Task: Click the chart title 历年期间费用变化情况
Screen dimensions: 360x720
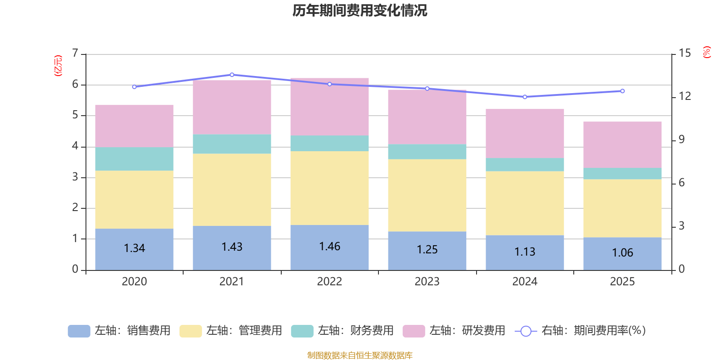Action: click(360, 10)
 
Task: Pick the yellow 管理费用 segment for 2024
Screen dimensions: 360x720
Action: click(525, 203)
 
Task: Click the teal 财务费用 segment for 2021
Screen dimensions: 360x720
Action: click(232, 144)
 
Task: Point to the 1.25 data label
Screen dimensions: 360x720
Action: click(427, 250)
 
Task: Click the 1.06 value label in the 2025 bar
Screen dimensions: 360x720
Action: click(622, 253)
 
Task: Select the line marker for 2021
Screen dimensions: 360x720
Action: click(232, 75)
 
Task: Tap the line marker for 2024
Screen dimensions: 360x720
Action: click(525, 97)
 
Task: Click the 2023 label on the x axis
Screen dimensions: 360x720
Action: click(427, 282)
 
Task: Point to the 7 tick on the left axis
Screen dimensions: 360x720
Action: click(75, 54)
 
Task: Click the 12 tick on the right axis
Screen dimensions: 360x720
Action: click(684, 96)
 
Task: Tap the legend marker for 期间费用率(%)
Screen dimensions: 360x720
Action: click(526, 331)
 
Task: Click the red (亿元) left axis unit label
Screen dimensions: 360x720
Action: click(58, 66)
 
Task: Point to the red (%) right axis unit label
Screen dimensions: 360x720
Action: click(707, 52)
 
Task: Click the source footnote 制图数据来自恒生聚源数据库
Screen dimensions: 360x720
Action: click(360, 355)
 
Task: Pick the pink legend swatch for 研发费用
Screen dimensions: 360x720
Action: click(414, 331)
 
